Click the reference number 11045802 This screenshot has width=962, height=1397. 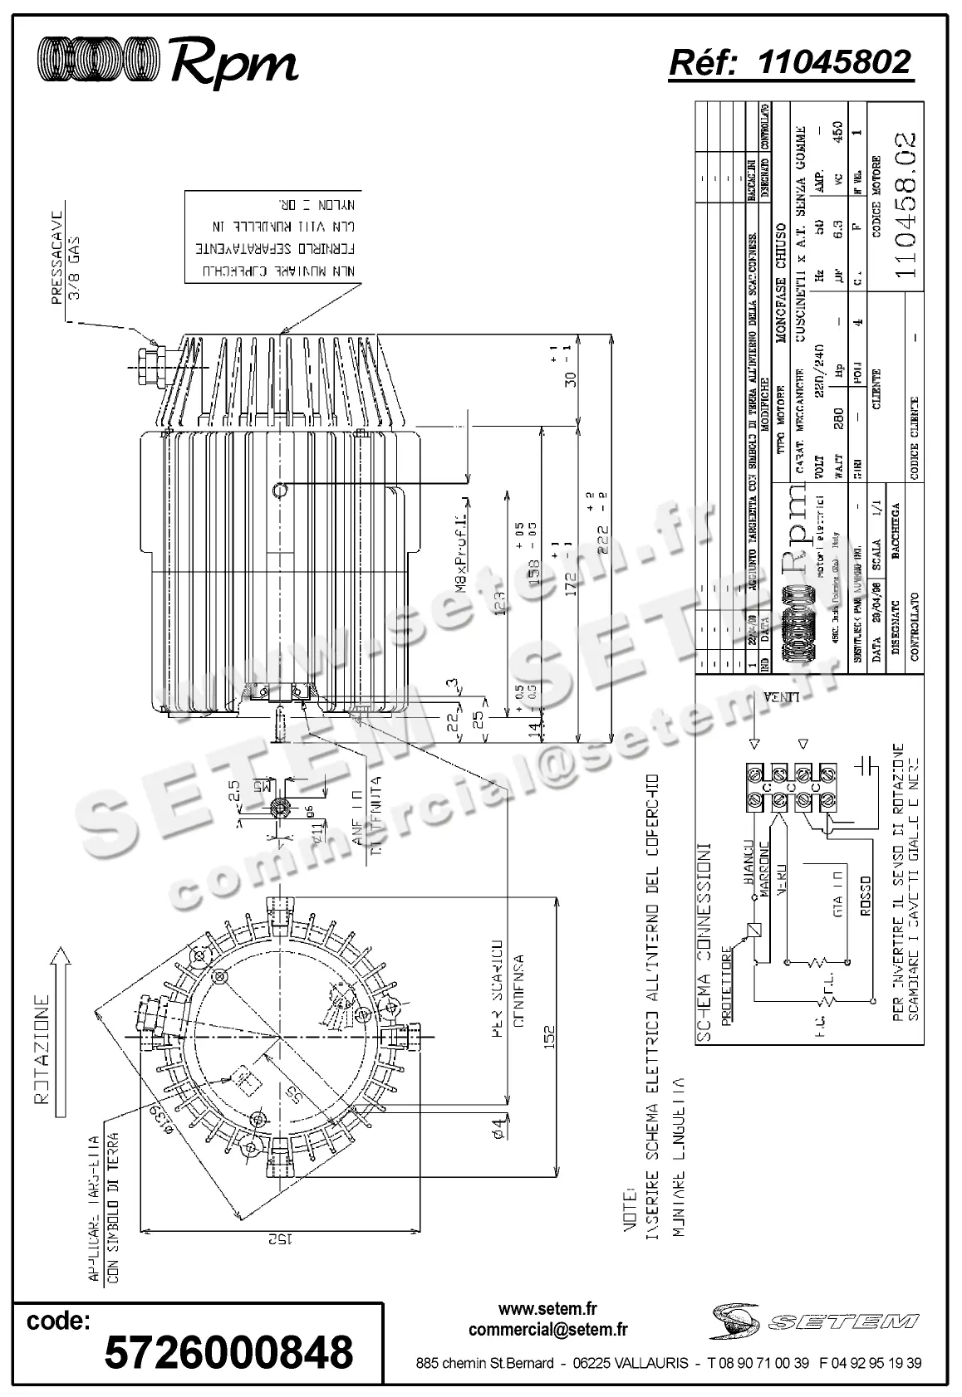click(x=834, y=62)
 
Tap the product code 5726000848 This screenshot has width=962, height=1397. click(x=228, y=1353)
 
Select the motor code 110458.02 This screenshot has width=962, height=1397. click(x=901, y=208)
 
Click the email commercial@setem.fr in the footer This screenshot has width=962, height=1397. click(x=547, y=1331)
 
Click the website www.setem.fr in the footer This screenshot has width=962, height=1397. click(x=547, y=1309)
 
